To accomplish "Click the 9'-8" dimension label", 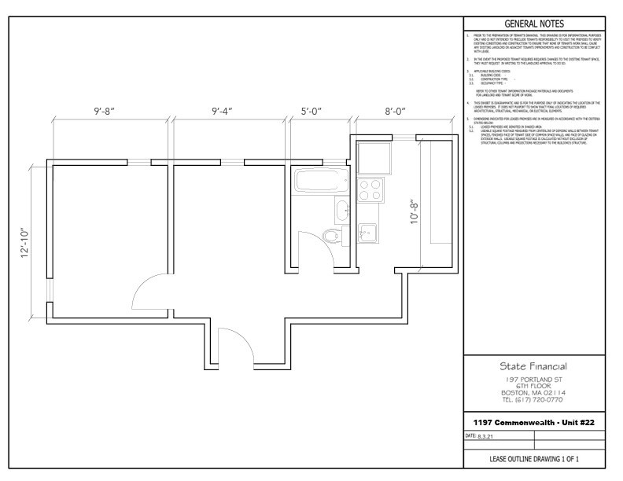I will [x=109, y=112].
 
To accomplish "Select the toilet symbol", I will [x=331, y=233].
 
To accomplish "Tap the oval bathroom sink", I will [x=342, y=210].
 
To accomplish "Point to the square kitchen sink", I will [x=367, y=231].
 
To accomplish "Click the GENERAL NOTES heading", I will [x=534, y=24].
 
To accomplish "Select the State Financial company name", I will [x=533, y=366].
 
